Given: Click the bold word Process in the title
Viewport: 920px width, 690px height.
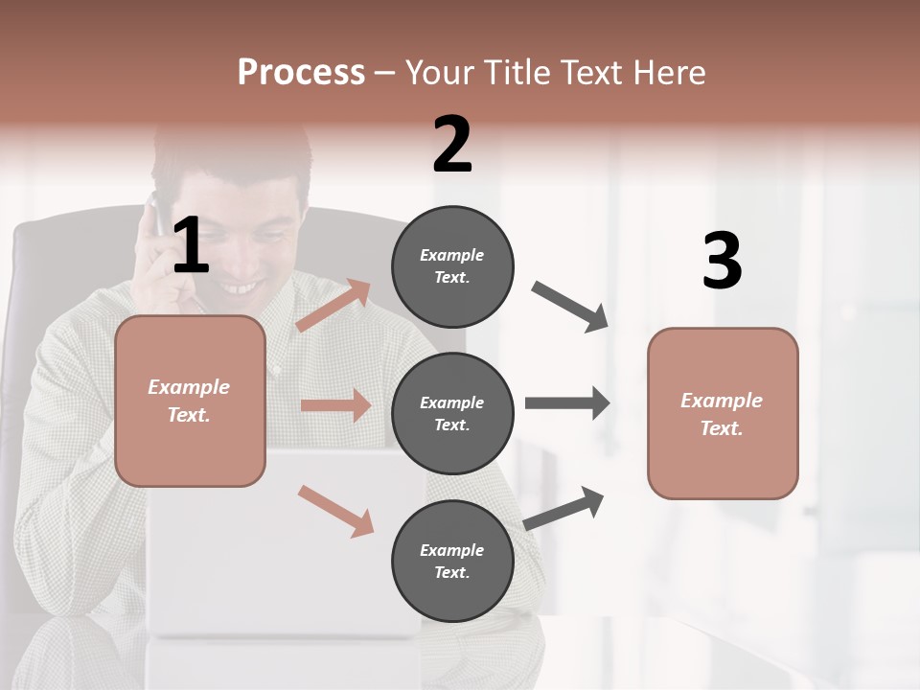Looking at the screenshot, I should click(301, 73).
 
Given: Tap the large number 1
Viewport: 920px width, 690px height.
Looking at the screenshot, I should click(191, 245).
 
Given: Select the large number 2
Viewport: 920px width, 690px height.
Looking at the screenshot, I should click(452, 145).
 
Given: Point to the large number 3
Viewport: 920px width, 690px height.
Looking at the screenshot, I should click(722, 262).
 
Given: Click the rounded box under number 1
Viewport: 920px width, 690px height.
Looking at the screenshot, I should click(190, 401).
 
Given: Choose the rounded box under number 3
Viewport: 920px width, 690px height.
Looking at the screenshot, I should click(722, 413).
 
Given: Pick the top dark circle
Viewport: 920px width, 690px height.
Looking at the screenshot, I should click(452, 266).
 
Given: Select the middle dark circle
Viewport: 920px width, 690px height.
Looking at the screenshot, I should click(452, 413).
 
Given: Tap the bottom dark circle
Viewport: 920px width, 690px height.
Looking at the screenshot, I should click(452, 561).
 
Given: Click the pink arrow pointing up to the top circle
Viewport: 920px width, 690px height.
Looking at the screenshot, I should click(333, 305).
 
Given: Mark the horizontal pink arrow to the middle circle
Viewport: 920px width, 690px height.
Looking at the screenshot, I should click(335, 405).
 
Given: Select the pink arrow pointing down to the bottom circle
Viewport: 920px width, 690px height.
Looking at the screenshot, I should click(335, 511).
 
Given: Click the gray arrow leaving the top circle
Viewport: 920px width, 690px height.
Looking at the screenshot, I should click(570, 307).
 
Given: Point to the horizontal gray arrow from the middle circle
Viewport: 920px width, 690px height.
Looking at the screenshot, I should click(567, 402).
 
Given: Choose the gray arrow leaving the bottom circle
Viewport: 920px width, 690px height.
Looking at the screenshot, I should click(564, 508).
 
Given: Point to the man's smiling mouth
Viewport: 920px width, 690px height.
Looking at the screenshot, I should click(240, 287).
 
